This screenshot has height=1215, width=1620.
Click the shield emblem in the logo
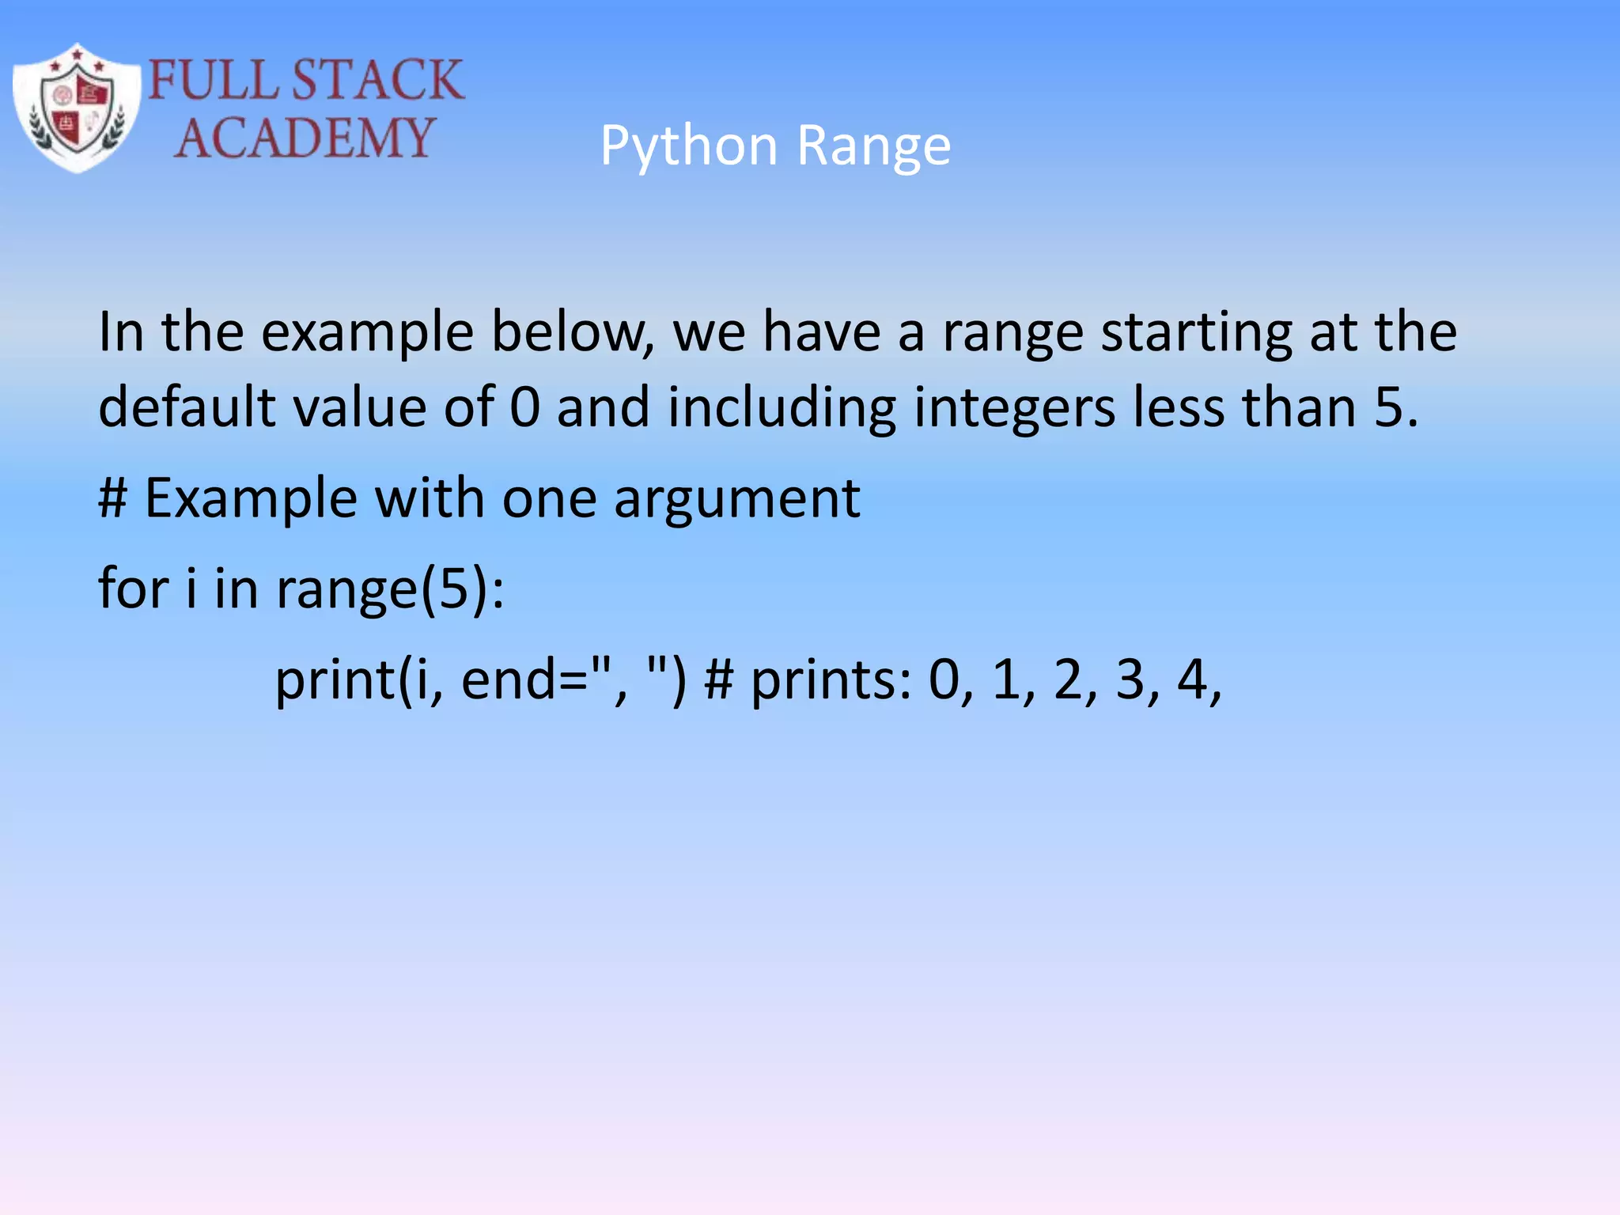[77, 107]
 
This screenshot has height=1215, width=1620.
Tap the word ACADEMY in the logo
[305, 138]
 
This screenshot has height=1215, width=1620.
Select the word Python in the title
[688, 146]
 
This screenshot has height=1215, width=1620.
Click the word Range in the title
[873, 146]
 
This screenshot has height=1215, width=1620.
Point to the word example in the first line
[366, 332]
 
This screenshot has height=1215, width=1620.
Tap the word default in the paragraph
[187, 407]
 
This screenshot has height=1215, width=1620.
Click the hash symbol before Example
[113, 498]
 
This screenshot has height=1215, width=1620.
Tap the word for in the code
[133, 589]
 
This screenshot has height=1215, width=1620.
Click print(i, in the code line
[359, 680]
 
